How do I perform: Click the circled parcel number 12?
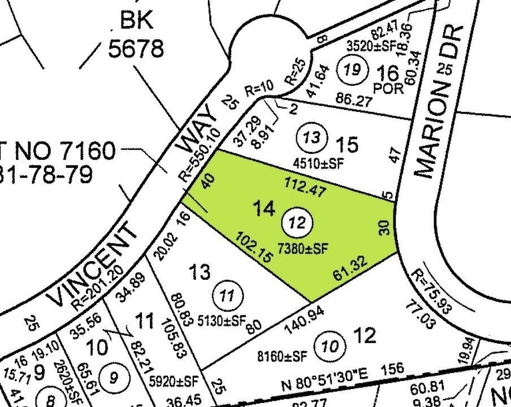297,223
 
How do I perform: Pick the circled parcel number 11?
226,296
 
